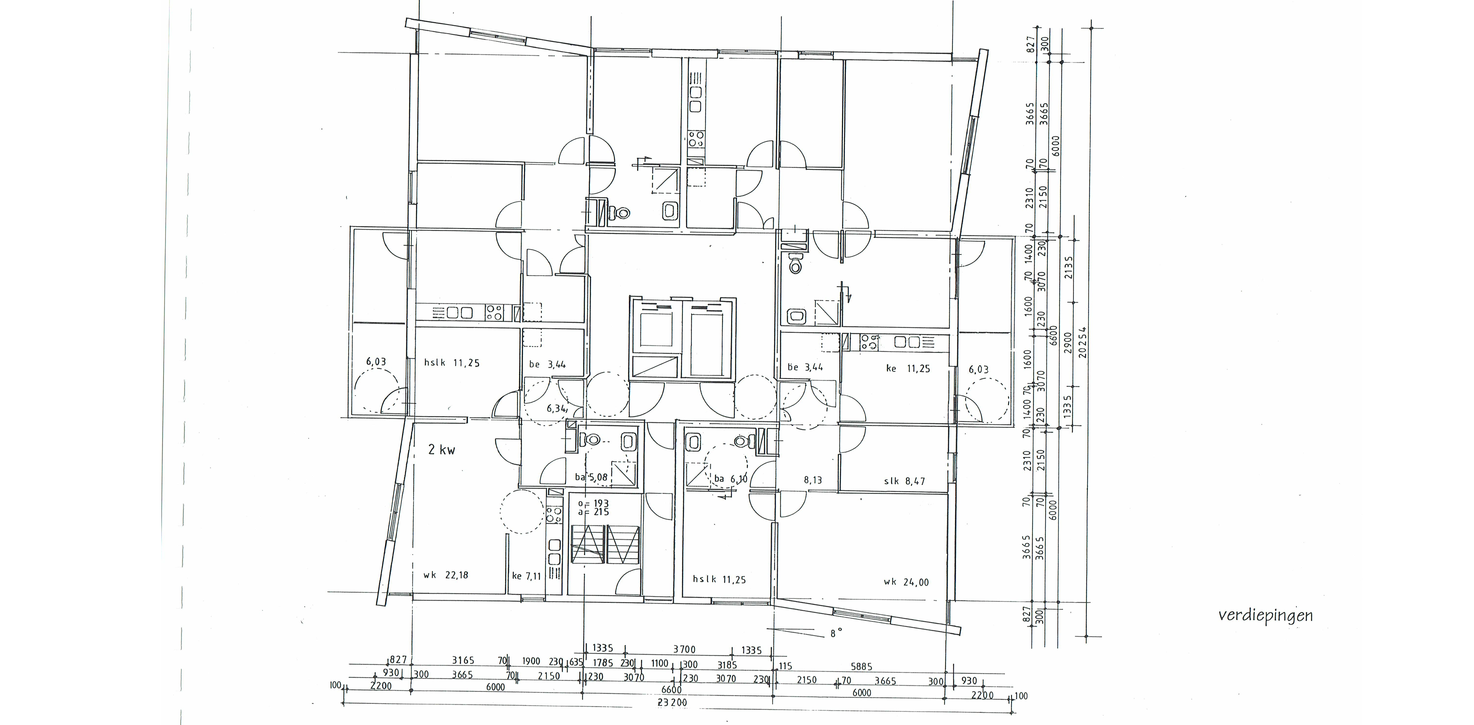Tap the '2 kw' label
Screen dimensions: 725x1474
[442, 450]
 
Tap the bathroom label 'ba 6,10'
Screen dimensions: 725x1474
[731, 479]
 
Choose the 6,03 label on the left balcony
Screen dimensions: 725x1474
[376, 361]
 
